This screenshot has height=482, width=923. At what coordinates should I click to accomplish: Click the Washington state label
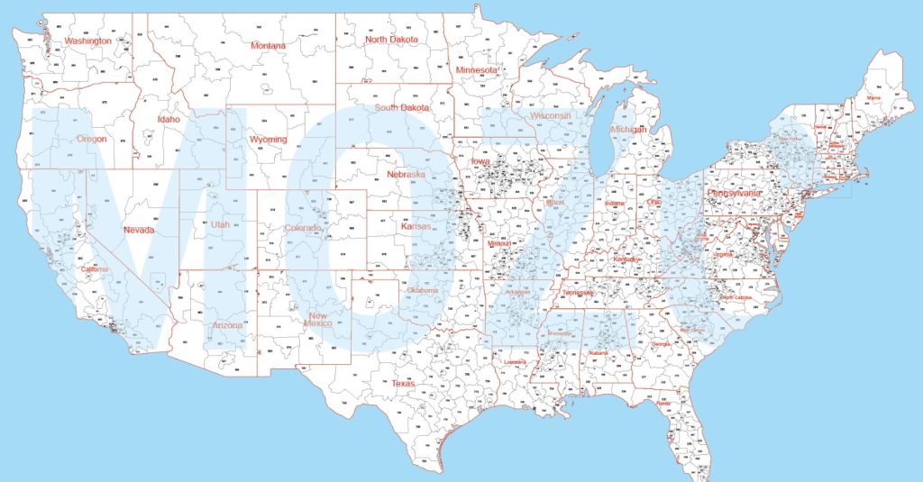click(88, 41)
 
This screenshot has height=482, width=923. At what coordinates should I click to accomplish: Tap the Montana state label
click(268, 46)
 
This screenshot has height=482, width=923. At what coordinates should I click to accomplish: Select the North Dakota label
click(391, 40)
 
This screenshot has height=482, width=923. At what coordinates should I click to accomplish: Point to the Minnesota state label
click(477, 70)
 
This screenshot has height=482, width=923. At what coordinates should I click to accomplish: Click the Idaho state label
click(169, 119)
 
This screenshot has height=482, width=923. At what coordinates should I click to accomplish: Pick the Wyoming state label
click(269, 140)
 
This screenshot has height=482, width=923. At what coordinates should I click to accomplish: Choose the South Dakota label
click(402, 108)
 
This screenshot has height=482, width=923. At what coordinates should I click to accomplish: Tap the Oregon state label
click(91, 140)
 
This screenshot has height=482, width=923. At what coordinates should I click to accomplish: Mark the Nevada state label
click(139, 230)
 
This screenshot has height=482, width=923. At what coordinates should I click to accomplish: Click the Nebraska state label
click(406, 174)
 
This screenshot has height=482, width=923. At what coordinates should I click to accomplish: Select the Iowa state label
click(480, 161)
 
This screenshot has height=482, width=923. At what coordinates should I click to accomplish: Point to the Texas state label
click(403, 384)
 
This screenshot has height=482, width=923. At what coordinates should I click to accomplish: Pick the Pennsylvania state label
click(733, 193)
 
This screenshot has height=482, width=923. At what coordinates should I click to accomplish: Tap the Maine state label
click(873, 97)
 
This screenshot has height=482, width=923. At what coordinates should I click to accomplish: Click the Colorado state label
click(303, 228)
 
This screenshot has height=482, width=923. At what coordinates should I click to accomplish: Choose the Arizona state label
click(227, 325)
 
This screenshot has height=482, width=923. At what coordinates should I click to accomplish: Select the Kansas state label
click(416, 226)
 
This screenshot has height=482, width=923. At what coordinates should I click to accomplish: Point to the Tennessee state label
click(578, 293)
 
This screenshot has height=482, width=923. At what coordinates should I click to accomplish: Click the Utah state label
click(220, 224)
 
